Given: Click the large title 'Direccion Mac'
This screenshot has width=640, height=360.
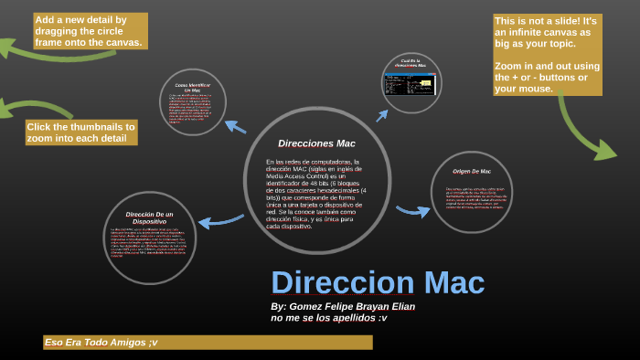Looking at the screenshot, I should pyautogui.click(x=378, y=282).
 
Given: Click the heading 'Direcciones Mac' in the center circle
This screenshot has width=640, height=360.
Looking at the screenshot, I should pyautogui.click(x=316, y=143).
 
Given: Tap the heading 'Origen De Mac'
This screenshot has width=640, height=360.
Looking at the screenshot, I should pyautogui.click(x=472, y=172).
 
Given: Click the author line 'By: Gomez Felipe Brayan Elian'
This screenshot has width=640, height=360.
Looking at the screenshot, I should pyautogui.click(x=343, y=307).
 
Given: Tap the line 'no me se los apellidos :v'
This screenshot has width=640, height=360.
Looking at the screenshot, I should pyautogui.click(x=329, y=319).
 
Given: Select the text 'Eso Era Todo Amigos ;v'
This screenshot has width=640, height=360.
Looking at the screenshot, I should pyautogui.click(x=101, y=342).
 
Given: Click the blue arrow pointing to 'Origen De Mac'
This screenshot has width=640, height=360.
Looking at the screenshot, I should pyautogui.click(x=413, y=211).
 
